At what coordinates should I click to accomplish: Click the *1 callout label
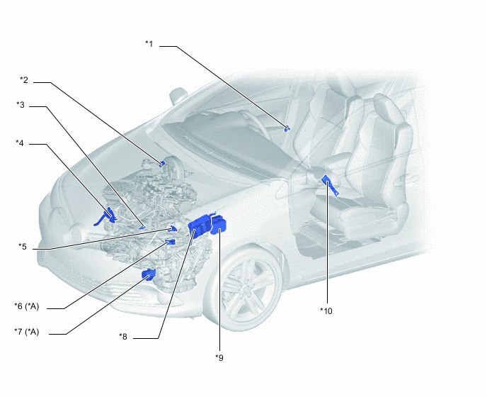tap(149, 44)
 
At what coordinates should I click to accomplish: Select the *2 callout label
tap(24, 80)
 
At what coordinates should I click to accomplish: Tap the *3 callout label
tap(21, 105)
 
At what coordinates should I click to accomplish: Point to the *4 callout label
tap(20, 142)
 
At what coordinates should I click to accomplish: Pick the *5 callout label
tap(23, 247)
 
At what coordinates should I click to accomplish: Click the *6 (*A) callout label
tap(27, 306)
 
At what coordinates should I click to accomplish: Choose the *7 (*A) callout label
tap(27, 332)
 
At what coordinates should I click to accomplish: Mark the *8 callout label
tap(123, 336)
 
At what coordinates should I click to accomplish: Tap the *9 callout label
tap(219, 357)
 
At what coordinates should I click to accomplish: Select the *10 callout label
tap(326, 311)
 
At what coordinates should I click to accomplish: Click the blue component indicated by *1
tap(287, 128)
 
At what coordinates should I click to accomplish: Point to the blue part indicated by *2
tap(162, 163)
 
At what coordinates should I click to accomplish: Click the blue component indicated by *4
tap(107, 216)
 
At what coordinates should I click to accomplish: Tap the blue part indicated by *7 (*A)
tap(149, 274)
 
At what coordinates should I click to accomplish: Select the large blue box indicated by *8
tap(199, 225)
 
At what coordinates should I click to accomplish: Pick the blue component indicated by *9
tap(218, 225)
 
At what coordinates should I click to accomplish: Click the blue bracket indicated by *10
tap(331, 185)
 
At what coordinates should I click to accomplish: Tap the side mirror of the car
tap(178, 95)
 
